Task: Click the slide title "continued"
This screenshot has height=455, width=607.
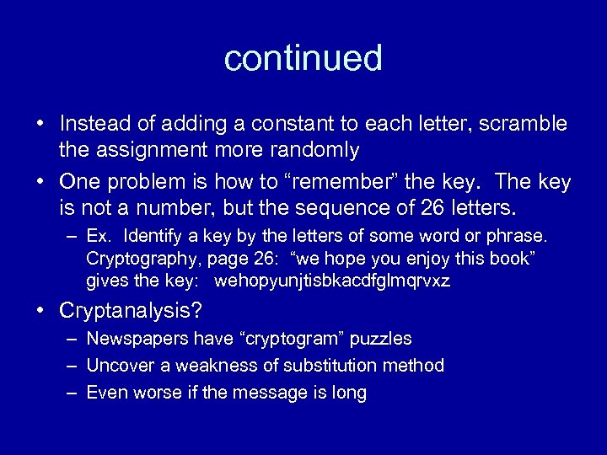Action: [303, 58]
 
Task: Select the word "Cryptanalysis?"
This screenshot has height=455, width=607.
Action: [131, 311]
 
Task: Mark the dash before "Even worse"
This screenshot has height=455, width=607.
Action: [72, 393]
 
